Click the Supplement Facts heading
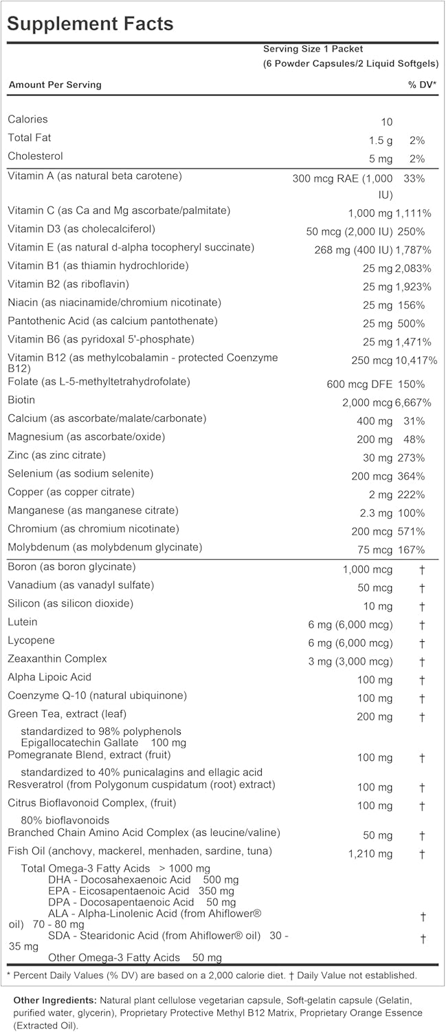point(90,23)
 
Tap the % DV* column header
point(423,85)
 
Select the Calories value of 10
point(386,122)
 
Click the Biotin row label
point(21,400)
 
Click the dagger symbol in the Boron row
point(423,570)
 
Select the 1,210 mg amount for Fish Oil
point(370,854)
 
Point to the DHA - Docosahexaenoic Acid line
point(120,880)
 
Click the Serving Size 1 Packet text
point(313,49)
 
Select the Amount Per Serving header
point(55,85)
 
